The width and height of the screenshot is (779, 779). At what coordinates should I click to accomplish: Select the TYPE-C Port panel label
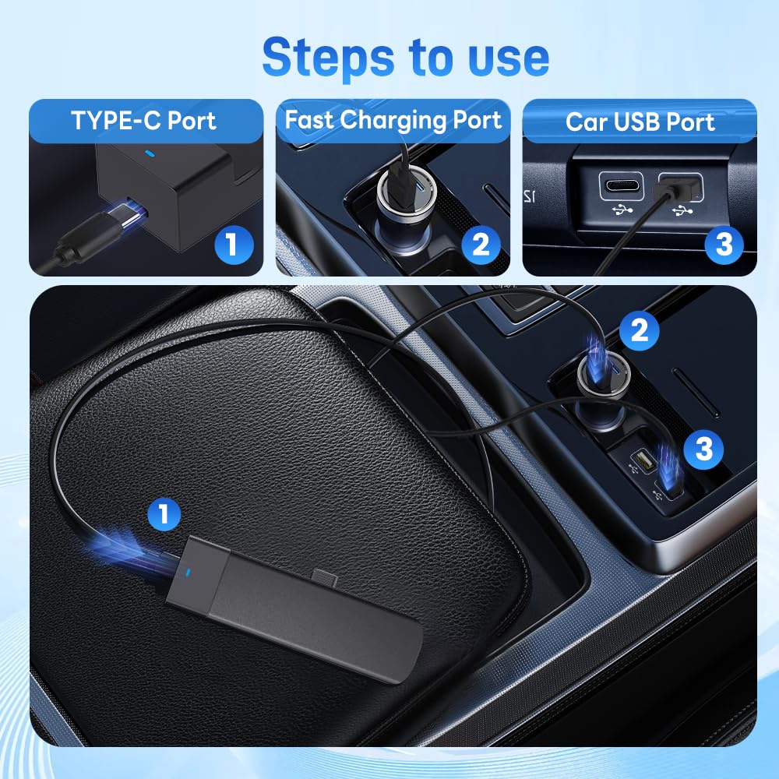pyautogui.click(x=144, y=121)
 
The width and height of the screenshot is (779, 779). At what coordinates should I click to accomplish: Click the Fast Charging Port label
pyautogui.click(x=393, y=121)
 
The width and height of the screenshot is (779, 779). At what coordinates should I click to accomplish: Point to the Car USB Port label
pyautogui.click(x=640, y=122)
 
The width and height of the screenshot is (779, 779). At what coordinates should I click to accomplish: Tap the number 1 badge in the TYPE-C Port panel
pyautogui.click(x=231, y=245)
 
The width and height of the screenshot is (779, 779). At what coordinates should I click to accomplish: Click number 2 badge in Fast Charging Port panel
pyautogui.click(x=481, y=245)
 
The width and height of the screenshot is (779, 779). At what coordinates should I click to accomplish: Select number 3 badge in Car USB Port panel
pyautogui.click(x=724, y=245)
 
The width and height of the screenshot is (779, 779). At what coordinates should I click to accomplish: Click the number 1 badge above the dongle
pyautogui.click(x=164, y=514)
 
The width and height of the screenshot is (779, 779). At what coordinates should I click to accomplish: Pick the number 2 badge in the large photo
pyautogui.click(x=640, y=331)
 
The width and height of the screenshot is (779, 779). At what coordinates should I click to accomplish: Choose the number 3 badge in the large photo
pyautogui.click(x=703, y=449)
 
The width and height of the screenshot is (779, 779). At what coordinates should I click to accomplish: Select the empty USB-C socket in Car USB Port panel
pyautogui.click(x=621, y=188)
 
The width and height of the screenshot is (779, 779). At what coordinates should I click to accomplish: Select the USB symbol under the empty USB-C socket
pyautogui.click(x=621, y=210)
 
